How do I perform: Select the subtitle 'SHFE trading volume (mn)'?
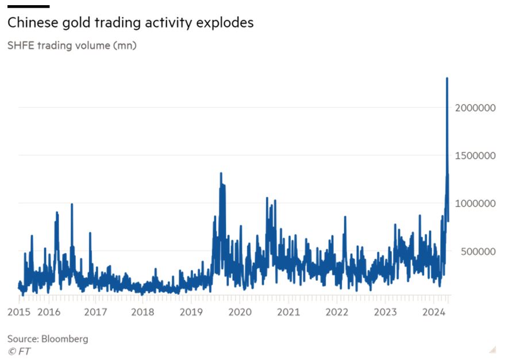point(72,45)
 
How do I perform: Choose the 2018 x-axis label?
point(143,312)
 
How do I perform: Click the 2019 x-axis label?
point(191,312)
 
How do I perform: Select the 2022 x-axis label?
point(337,312)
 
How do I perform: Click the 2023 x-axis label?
point(385,312)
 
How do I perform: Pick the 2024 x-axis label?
point(433,312)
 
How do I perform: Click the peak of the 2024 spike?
point(447,79)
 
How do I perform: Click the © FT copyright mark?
point(19,351)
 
